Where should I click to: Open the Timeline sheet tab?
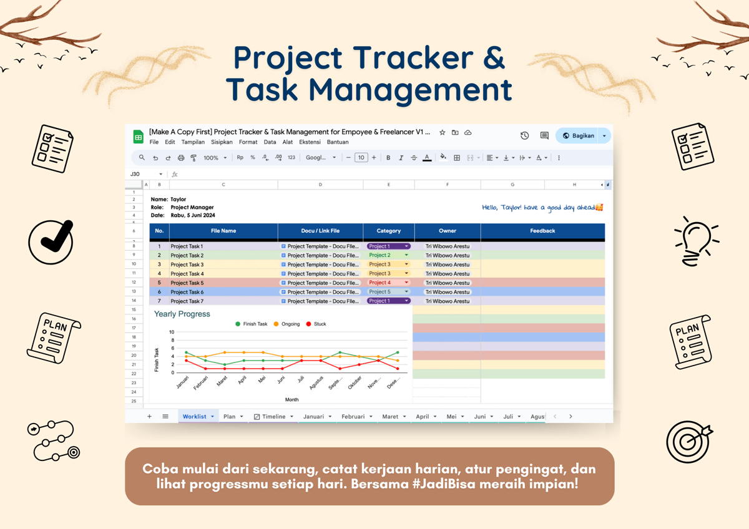273,416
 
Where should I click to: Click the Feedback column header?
542,231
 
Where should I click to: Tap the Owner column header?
448,231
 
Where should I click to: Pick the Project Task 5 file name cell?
187,283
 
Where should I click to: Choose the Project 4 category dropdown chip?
388,283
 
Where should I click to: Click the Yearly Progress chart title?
182,314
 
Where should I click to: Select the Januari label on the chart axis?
182,382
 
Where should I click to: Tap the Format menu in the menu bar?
248,142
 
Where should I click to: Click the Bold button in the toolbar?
388,158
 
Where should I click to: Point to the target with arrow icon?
689,440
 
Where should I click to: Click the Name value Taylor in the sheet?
179,200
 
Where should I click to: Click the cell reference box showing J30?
136,174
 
